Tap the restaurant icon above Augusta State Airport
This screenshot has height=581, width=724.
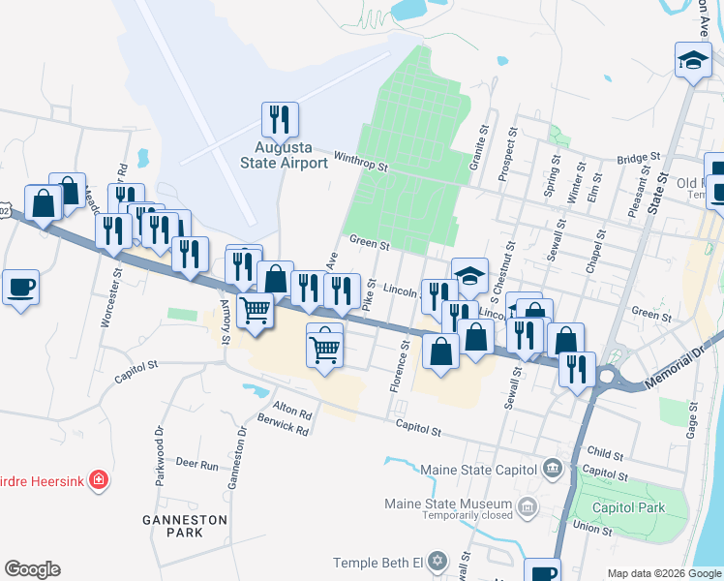(x=280, y=119)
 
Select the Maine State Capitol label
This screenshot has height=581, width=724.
(x=478, y=470)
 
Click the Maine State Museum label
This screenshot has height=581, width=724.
(x=448, y=505)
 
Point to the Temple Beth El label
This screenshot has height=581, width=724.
(x=378, y=563)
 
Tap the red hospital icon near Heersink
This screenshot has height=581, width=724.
(x=98, y=479)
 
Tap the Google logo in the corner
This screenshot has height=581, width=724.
(x=32, y=569)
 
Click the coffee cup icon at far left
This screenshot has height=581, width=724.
(x=20, y=288)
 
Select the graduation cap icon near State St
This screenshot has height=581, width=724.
(x=693, y=59)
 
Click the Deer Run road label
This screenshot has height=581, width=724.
(x=196, y=465)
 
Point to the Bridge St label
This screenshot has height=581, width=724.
(x=637, y=157)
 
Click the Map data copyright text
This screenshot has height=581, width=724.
(x=663, y=573)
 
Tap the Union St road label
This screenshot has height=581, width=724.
(x=592, y=530)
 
